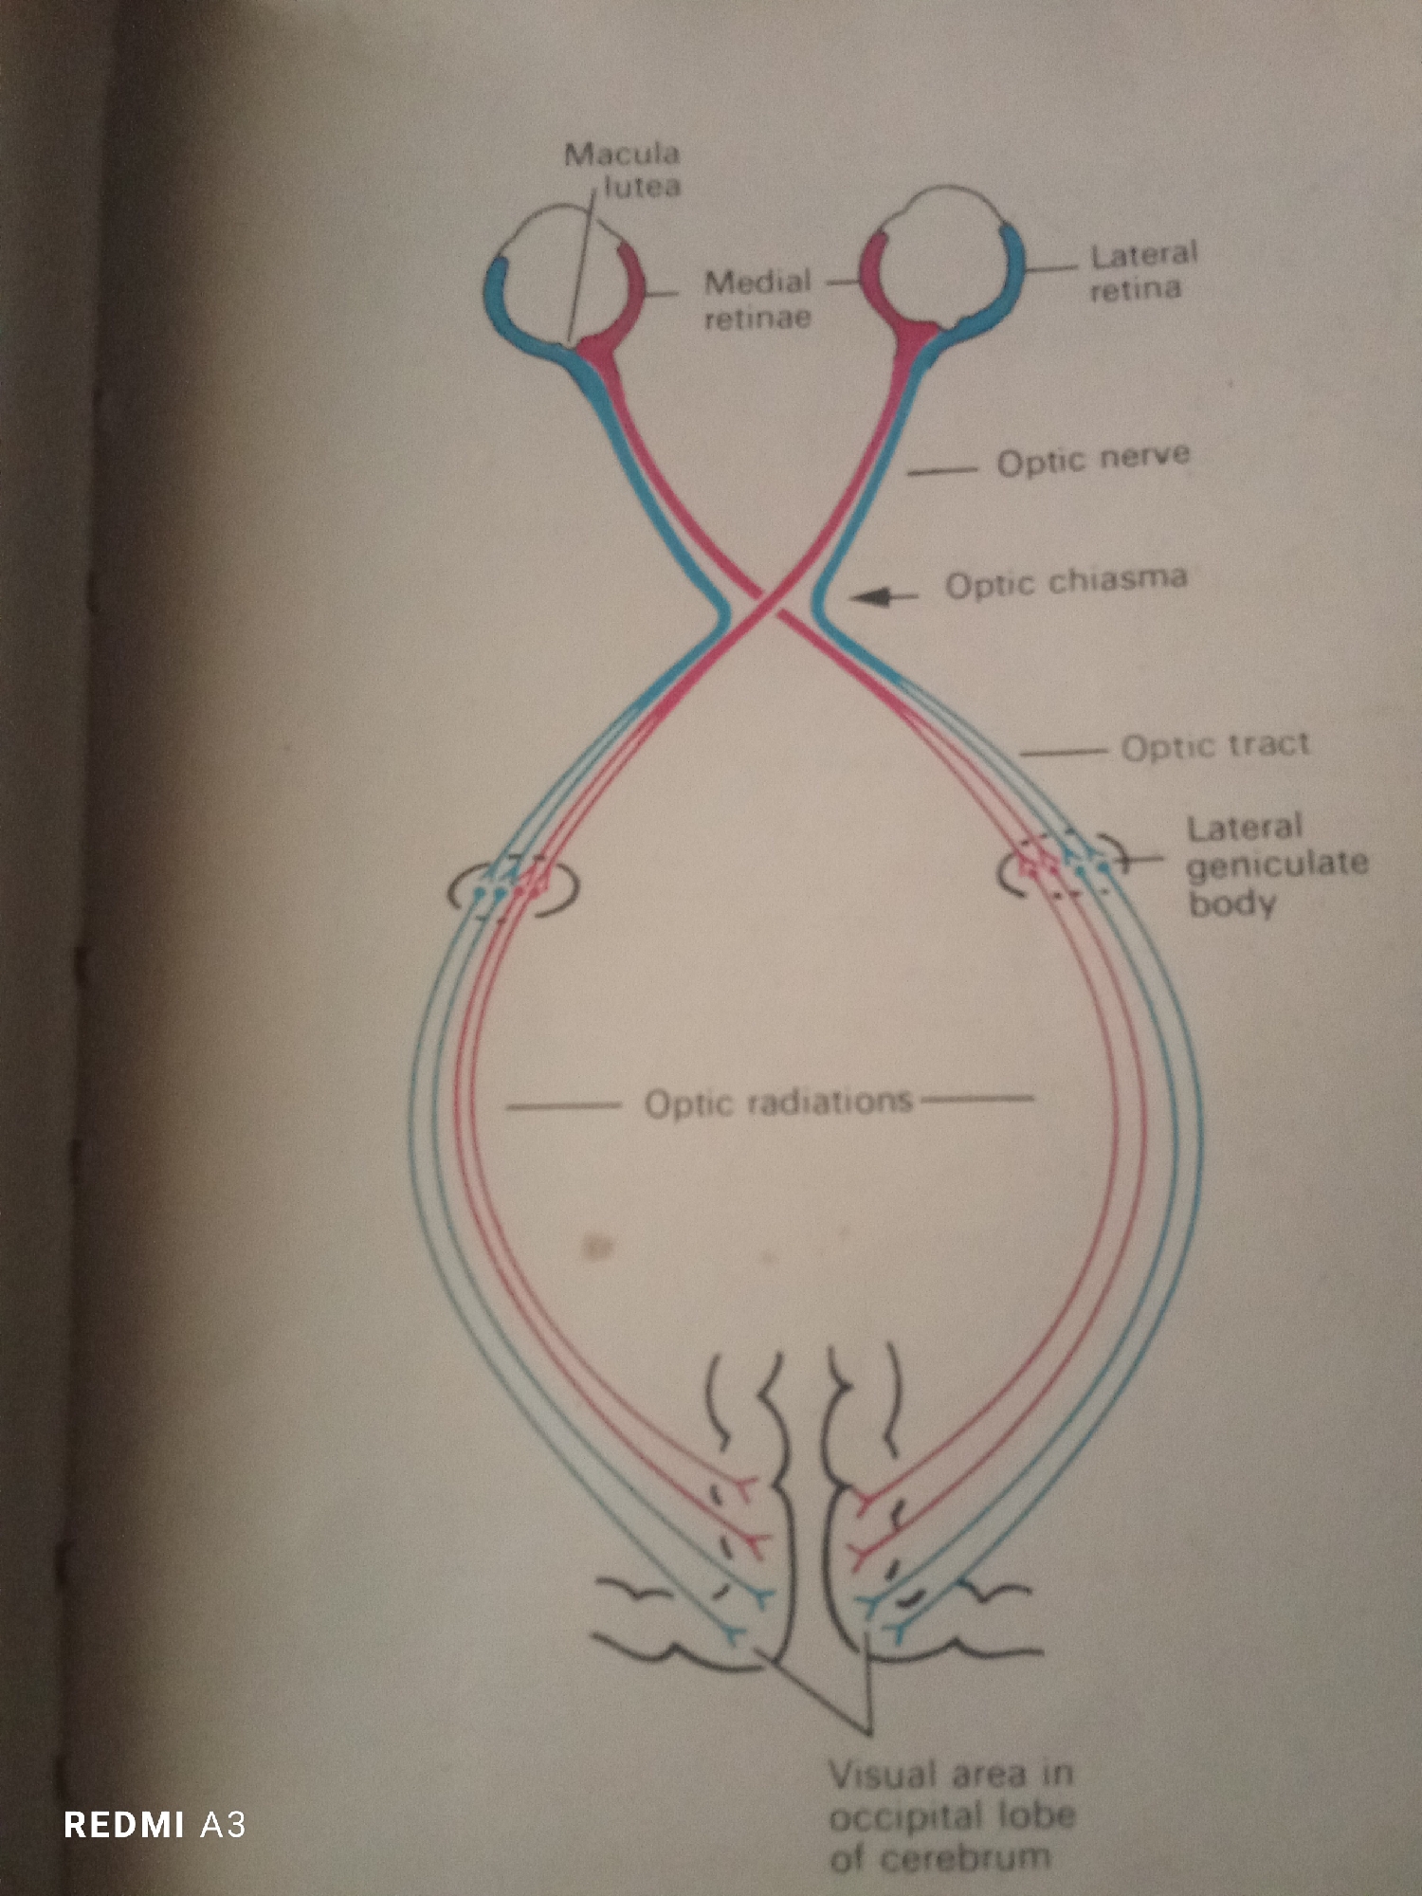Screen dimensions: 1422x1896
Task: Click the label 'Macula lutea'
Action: pyautogui.click(x=623, y=170)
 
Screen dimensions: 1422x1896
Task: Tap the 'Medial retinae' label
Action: pyautogui.click(x=757, y=299)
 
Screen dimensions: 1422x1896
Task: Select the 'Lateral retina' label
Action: pyautogui.click(x=1143, y=270)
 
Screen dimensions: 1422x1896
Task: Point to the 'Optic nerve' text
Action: pyautogui.click(x=1093, y=460)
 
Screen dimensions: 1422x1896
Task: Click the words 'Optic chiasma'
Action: pyautogui.click(x=1066, y=582)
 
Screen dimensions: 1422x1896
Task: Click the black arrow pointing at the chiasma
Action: pyautogui.click(x=884, y=596)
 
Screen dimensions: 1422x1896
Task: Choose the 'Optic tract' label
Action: pyautogui.click(x=1215, y=746)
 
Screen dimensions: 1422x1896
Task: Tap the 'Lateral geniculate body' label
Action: pyautogui.click(x=1277, y=865)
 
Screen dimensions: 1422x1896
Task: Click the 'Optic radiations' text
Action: pyautogui.click(x=778, y=1103)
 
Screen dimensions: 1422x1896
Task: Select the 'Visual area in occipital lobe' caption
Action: pyautogui.click(x=951, y=1815)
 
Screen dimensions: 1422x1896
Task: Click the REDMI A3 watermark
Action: pyautogui.click(x=155, y=1824)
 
